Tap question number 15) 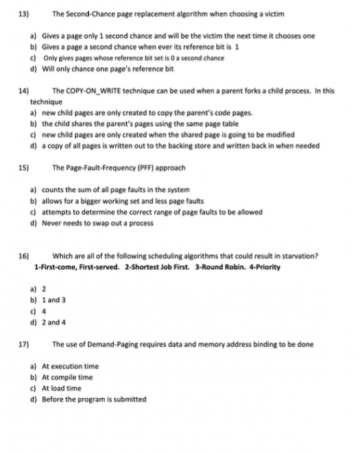tap(23, 167)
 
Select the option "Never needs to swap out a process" tap(100, 222)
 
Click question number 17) tap(23, 344)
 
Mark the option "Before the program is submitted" tap(94, 399)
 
